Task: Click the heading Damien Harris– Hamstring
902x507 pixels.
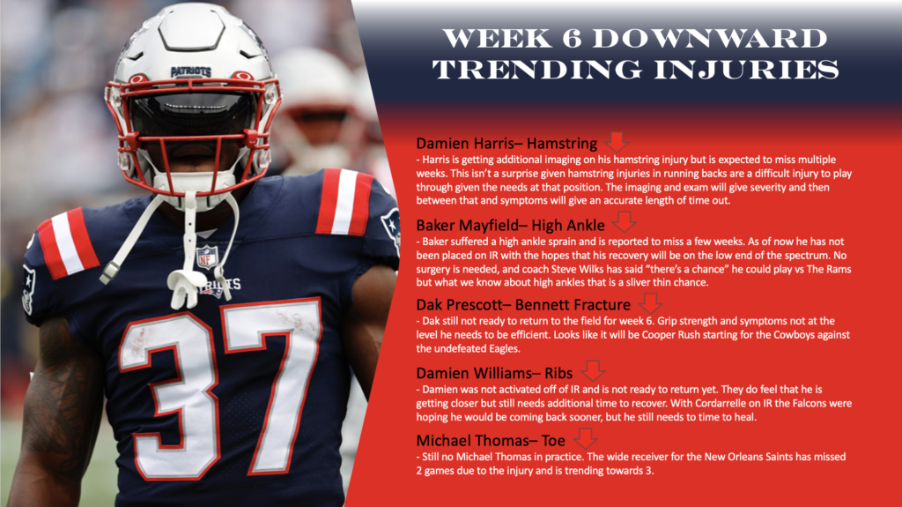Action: [x=506, y=143]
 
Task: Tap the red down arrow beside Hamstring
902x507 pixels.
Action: [x=617, y=141]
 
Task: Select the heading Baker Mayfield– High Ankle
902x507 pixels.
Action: [x=513, y=224]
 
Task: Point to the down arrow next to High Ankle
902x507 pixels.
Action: [x=625, y=221]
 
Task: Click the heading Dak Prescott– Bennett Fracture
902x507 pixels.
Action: [x=523, y=305]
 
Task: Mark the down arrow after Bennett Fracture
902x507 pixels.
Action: [x=649, y=302]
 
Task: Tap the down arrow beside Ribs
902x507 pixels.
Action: [x=594, y=371]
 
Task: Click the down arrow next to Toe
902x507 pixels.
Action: [x=585, y=438]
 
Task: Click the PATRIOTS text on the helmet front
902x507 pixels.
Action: [x=190, y=71]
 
